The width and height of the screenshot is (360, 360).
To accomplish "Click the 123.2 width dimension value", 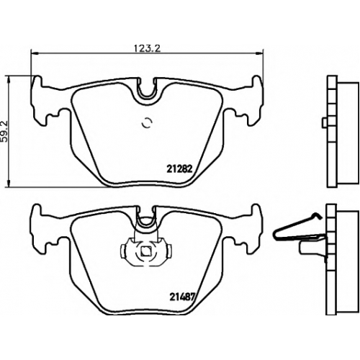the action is (147, 48).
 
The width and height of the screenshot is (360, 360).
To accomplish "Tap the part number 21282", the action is (179, 169).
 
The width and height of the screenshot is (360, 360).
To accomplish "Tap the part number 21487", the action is (181, 297).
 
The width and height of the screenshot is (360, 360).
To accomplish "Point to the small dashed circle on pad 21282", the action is (147, 123).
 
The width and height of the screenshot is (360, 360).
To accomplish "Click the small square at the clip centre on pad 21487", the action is (145, 251).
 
